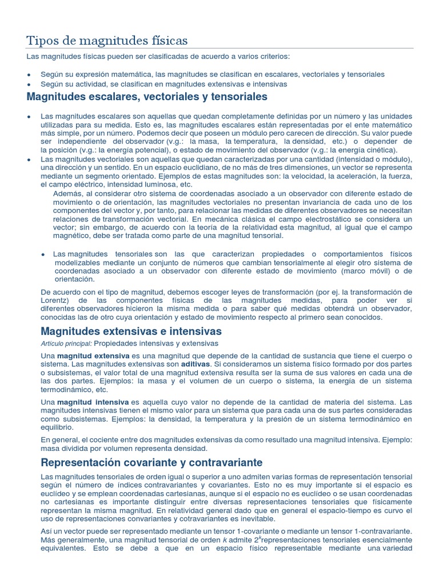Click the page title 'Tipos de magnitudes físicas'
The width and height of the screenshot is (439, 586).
tap(107, 41)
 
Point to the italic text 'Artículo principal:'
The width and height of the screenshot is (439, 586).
tap(66, 343)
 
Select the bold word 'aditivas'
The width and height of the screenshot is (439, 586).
tap(195, 364)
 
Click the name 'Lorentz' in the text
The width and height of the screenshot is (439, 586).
tap(56, 300)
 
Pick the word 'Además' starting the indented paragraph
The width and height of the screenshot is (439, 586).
tap(67, 194)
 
